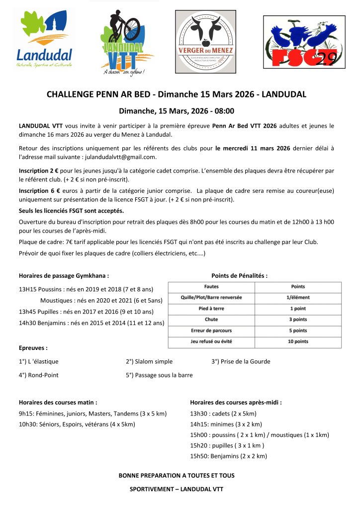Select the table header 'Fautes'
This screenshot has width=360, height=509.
[211, 287]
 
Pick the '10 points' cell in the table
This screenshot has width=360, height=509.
[298, 341]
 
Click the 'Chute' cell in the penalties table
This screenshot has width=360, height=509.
[211, 320]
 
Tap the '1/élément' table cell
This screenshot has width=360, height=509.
[298, 298]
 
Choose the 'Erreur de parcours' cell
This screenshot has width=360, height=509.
[211, 331]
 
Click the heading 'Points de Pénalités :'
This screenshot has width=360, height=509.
[239, 275]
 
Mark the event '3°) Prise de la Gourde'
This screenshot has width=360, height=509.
[241, 361]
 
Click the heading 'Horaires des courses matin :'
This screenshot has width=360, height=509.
[58, 403]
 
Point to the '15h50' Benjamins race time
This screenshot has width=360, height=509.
[200, 456]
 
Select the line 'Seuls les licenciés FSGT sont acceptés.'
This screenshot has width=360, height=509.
[71, 211]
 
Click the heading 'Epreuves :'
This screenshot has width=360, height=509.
[33, 348]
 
